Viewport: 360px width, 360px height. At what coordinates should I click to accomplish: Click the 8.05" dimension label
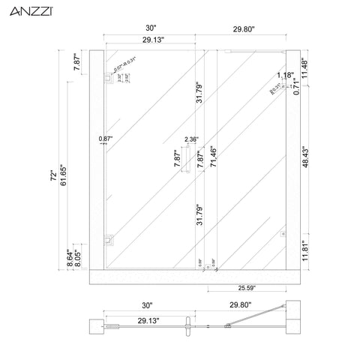tap(76, 258)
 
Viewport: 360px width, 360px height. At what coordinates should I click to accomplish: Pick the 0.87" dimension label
tap(104, 139)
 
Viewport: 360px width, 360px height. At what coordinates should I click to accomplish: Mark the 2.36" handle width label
tap(190, 139)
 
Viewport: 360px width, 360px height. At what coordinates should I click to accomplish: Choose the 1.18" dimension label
tap(284, 75)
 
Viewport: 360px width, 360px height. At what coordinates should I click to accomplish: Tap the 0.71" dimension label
tap(295, 87)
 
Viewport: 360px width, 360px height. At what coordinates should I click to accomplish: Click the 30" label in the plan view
tap(146, 306)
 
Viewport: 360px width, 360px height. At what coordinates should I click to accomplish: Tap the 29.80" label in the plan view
tap(240, 306)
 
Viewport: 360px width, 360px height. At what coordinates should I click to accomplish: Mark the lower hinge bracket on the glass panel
tap(107, 240)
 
